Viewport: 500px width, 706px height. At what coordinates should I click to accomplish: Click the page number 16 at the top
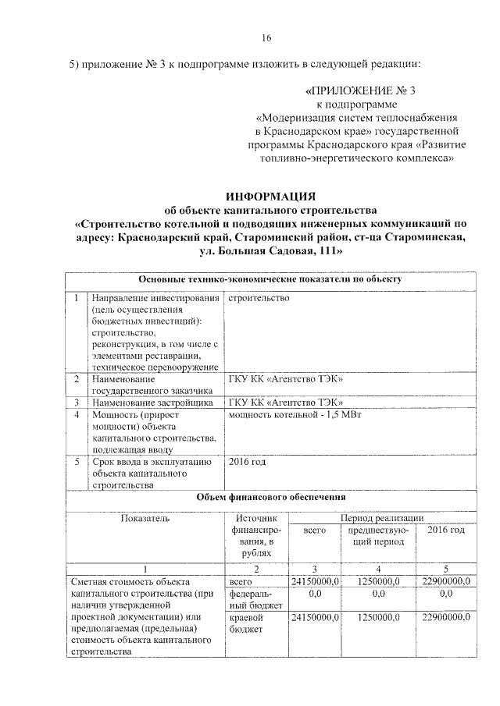(x=266, y=38)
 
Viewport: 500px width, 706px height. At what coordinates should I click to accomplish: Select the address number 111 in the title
(x=327, y=251)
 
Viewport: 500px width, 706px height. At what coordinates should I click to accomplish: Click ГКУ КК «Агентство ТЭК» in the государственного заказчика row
(x=286, y=379)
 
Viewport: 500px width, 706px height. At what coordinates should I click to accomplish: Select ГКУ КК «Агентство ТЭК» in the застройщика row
(x=286, y=403)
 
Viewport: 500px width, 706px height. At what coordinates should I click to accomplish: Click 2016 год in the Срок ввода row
(x=247, y=462)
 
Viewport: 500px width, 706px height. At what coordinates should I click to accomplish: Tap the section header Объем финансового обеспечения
(x=270, y=497)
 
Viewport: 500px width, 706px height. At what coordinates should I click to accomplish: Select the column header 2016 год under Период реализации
(x=446, y=530)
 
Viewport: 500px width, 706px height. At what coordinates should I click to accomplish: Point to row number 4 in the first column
(x=77, y=416)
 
